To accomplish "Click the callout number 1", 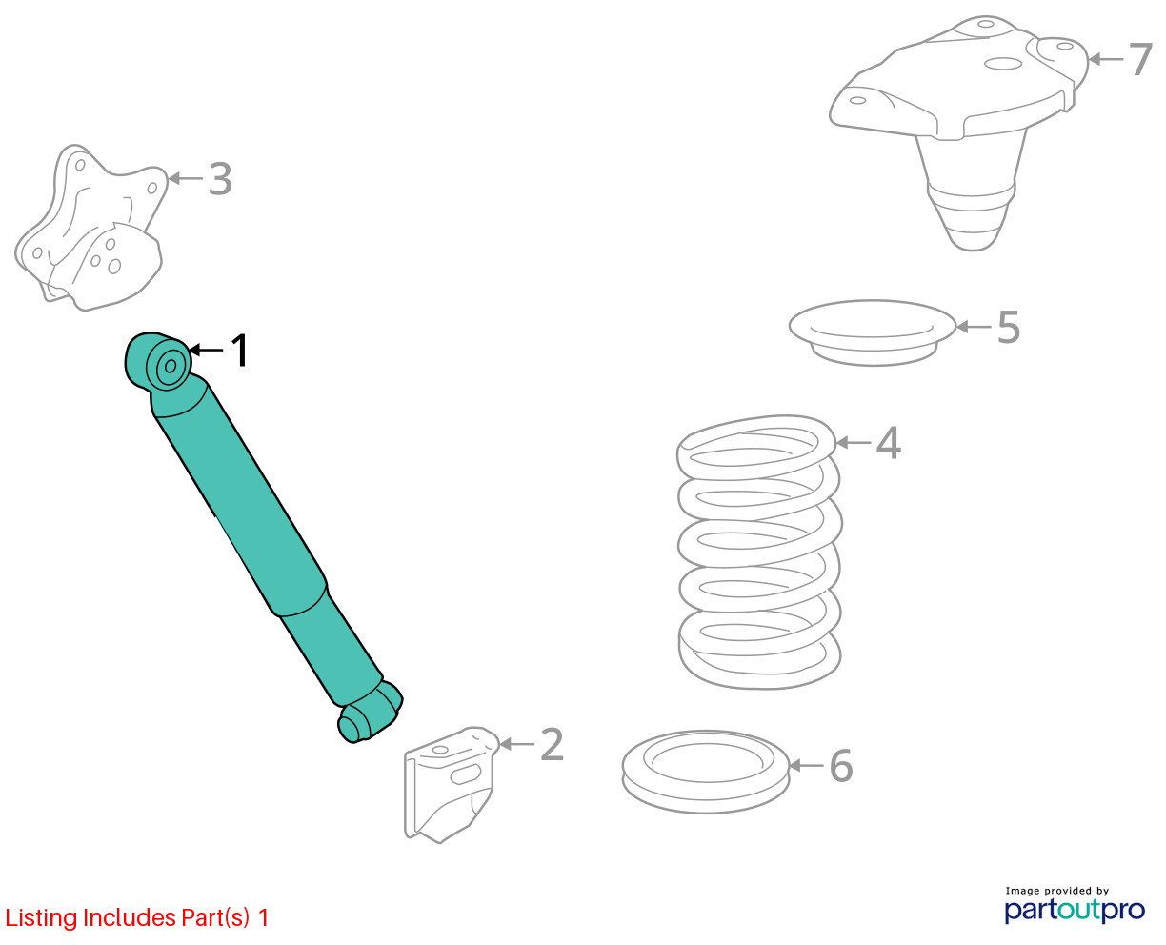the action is (x=240, y=350).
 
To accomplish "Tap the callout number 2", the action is (x=552, y=745).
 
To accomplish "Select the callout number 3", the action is (x=221, y=178).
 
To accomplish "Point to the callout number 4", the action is (x=888, y=442).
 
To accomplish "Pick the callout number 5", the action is (x=1009, y=328).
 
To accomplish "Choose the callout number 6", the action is (x=841, y=766).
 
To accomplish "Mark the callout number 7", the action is (x=1140, y=59).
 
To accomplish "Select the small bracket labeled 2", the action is (x=450, y=783).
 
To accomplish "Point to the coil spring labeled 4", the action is (x=758, y=552).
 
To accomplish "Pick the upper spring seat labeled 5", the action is (x=872, y=332).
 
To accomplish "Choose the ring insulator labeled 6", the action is (x=705, y=773).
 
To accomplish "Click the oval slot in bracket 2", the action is (x=465, y=775).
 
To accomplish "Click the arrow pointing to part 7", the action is (x=1106, y=59).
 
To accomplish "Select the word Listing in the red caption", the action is (x=42, y=918).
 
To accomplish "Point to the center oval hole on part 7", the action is (x=1003, y=64).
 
